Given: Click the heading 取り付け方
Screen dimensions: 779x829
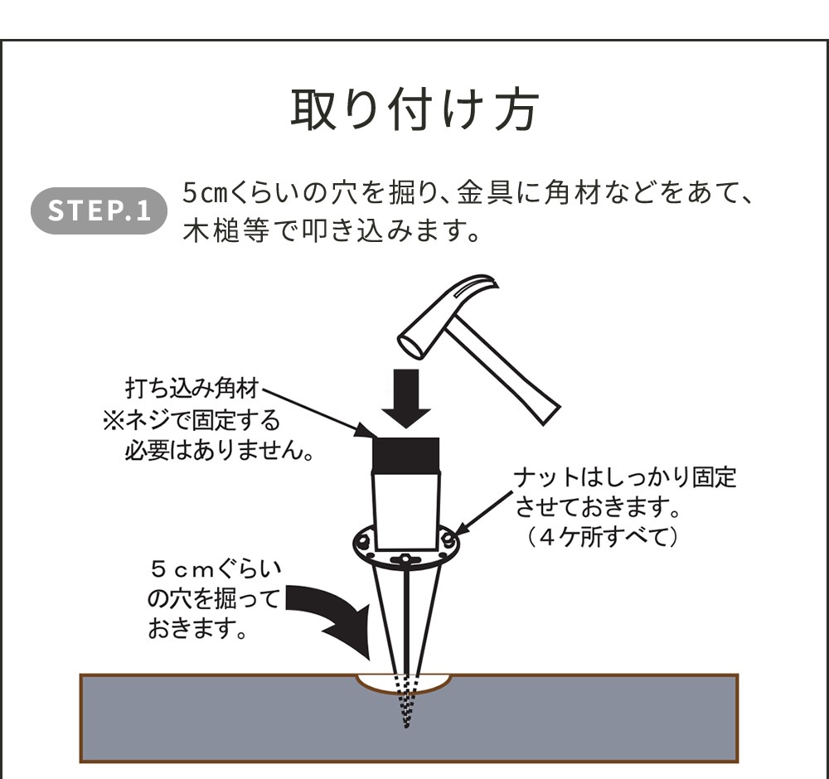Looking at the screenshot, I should pos(414,109).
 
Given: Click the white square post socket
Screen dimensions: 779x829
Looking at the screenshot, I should pos(406,506).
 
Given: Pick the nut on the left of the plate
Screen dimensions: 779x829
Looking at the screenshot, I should pos(362,543).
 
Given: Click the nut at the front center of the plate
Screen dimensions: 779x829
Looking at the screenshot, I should pos(405,559).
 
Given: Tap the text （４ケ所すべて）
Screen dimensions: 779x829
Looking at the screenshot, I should pos(604,538).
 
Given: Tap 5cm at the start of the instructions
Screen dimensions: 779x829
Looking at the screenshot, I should pos(200,194).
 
